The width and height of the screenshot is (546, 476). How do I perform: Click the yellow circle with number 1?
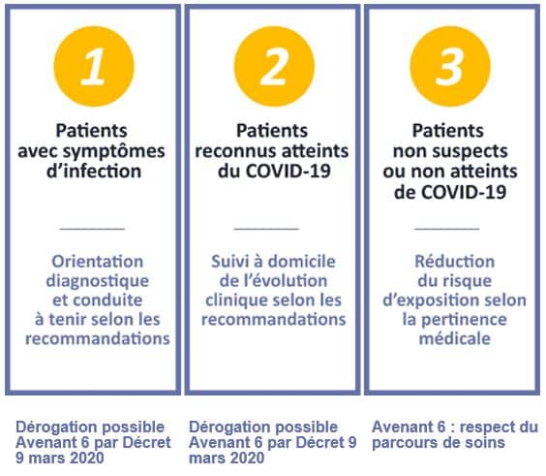[94, 66]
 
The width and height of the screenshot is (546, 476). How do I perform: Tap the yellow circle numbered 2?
[274, 66]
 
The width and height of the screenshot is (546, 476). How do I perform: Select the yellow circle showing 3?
[450, 66]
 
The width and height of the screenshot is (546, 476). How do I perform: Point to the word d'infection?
[94, 172]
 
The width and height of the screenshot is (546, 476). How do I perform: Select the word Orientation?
[98, 261]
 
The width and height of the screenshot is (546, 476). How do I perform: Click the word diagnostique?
[98, 281]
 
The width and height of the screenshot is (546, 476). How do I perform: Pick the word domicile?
[301, 261]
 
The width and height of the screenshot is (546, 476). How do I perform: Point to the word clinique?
[232, 301]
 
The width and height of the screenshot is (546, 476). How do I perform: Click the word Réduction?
[454, 261]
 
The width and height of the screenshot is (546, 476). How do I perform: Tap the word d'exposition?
[435, 301]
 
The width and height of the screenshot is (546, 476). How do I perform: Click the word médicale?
[455, 338]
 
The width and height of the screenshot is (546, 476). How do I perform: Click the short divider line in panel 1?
[92, 229]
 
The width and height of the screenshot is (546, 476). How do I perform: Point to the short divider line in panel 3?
[447, 229]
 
